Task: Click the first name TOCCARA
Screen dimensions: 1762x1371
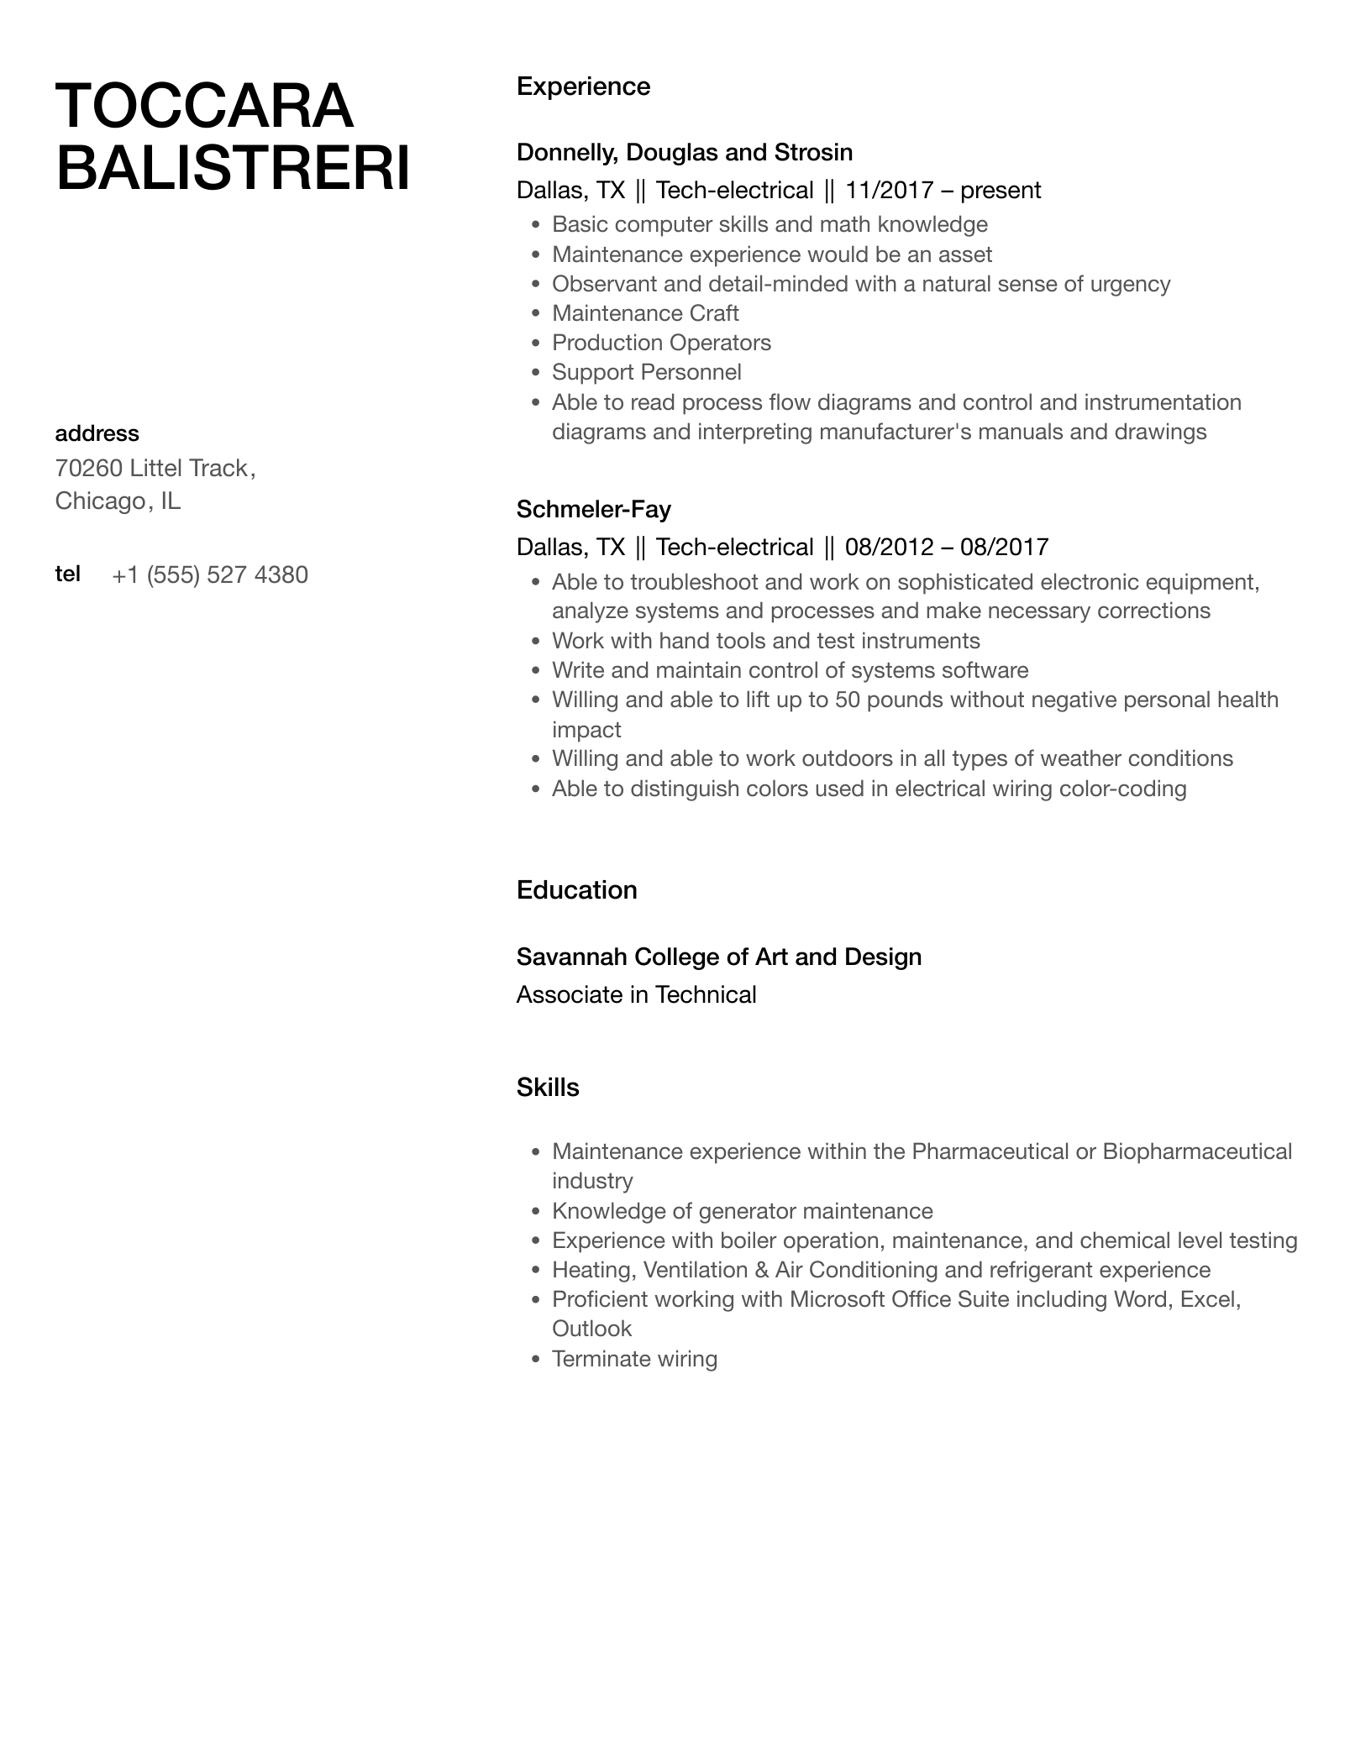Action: [x=204, y=107]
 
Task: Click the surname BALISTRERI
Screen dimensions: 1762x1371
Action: [x=233, y=168]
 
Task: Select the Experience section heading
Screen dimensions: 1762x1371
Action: [x=583, y=87]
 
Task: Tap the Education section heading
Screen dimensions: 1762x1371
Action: [x=576, y=890]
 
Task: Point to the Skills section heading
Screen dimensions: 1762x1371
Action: [x=548, y=1088]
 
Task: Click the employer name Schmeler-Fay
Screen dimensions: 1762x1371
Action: [x=593, y=509]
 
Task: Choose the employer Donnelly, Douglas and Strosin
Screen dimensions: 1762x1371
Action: [x=684, y=152]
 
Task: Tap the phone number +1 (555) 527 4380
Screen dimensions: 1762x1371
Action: [x=210, y=575]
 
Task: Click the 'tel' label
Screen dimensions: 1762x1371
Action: [x=68, y=574]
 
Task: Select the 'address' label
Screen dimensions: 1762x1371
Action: [x=97, y=433]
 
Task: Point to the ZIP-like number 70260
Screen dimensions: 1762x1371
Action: [x=89, y=468]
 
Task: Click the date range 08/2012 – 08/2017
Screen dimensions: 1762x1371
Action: [x=946, y=548]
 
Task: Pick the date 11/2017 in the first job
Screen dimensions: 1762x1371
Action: [x=889, y=191]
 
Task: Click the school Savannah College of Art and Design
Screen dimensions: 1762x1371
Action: [x=718, y=957]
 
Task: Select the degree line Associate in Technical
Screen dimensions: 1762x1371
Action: [x=636, y=994]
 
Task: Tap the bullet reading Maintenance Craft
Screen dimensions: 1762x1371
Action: [x=644, y=313]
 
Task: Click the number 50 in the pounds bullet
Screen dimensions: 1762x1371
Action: [x=848, y=700]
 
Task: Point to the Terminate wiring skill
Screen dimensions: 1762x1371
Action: [x=634, y=1359]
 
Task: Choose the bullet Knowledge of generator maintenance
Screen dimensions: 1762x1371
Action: [x=742, y=1211]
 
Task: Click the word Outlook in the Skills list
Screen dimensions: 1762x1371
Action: [x=591, y=1329]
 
